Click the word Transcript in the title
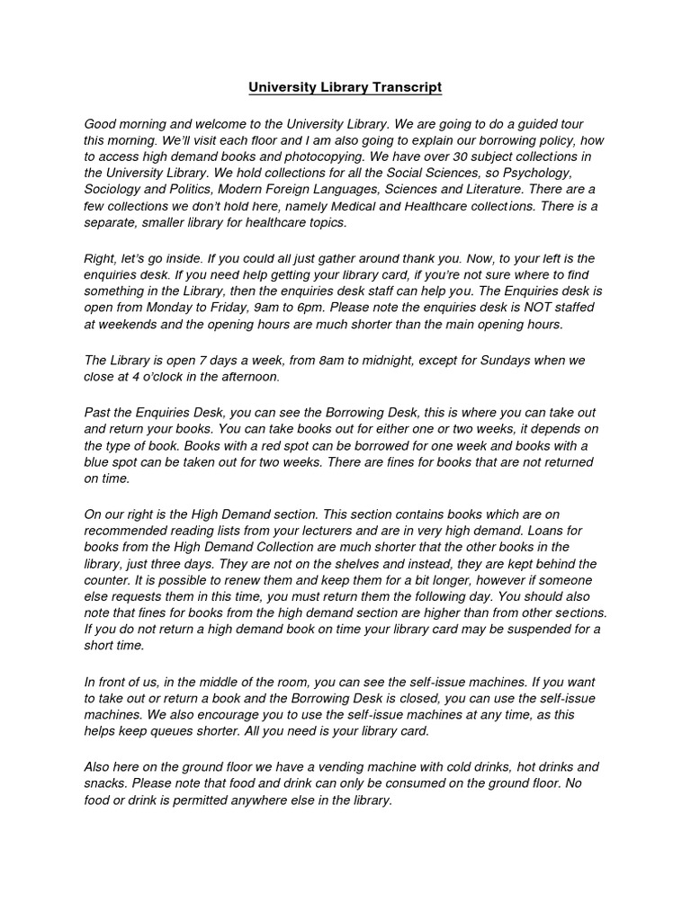click(x=400, y=87)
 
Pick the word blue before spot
click(x=97, y=462)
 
